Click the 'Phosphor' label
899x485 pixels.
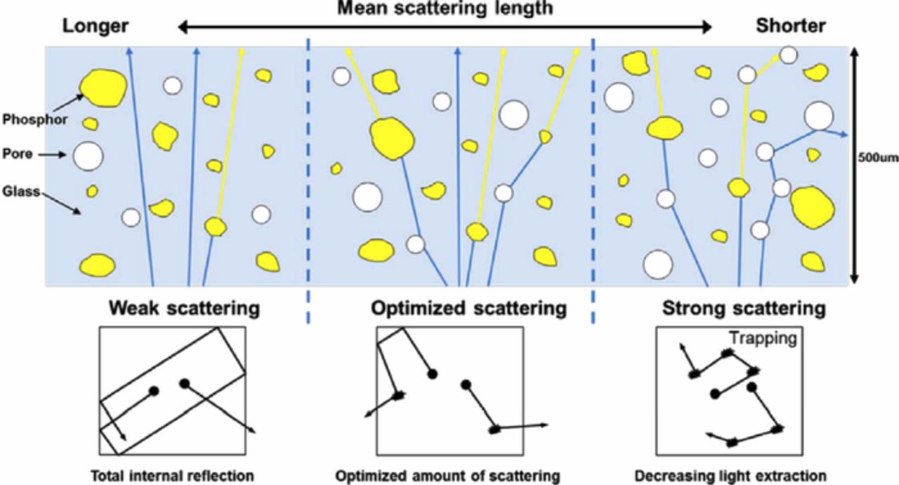34,120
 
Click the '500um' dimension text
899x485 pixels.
879,158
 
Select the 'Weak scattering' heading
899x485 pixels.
184,308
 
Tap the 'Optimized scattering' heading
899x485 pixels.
468,308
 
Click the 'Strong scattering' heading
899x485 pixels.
744,308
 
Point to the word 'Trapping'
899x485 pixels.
761,338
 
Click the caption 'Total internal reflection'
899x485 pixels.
171,475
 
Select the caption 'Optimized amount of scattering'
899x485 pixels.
447,475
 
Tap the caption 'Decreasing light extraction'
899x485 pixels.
730,475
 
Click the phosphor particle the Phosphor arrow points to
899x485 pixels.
103,87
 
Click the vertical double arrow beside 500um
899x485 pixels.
854,165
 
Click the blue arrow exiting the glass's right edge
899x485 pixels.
838,132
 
